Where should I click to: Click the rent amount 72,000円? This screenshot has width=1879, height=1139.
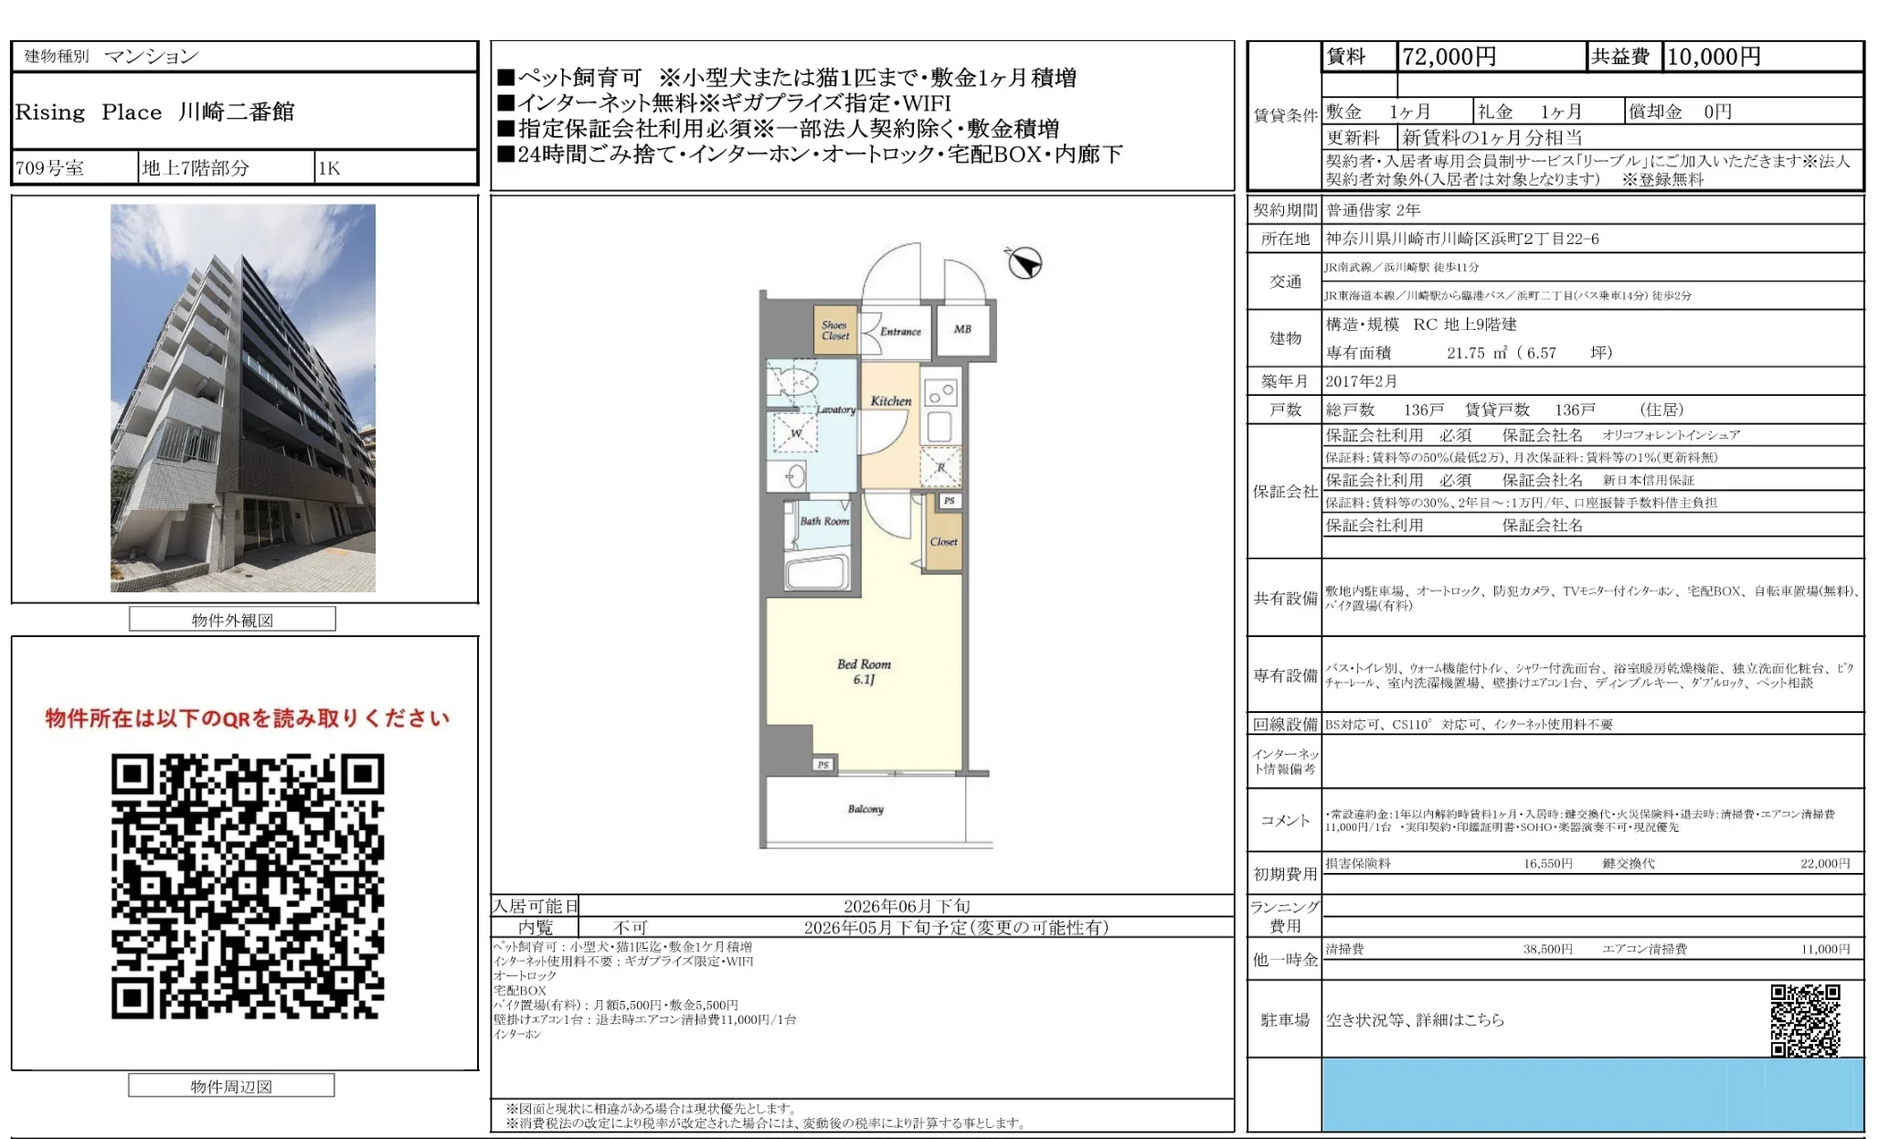[1449, 57]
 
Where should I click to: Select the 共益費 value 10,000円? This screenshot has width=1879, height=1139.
[1714, 57]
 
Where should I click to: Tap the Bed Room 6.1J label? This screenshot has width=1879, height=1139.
[864, 671]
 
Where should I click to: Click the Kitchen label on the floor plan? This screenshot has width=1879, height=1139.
[891, 400]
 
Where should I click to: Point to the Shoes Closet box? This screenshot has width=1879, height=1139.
[835, 330]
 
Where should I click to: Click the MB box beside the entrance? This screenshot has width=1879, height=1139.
[962, 329]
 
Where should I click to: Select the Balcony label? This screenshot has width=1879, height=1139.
[865, 809]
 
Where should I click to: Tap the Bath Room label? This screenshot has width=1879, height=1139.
[824, 521]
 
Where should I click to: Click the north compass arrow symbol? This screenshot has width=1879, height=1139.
[1024, 263]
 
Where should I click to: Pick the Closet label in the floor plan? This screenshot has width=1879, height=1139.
[943, 542]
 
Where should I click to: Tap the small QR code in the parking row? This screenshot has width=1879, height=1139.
[1804, 1019]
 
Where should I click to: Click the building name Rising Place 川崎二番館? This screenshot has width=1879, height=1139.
[154, 112]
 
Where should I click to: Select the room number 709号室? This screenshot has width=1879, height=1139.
[49, 168]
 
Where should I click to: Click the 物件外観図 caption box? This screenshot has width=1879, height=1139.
[232, 620]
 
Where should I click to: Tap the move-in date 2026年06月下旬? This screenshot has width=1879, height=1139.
[907, 906]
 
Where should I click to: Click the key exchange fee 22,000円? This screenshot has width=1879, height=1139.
[1824, 863]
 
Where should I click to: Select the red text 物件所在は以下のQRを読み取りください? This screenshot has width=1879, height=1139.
[248, 719]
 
